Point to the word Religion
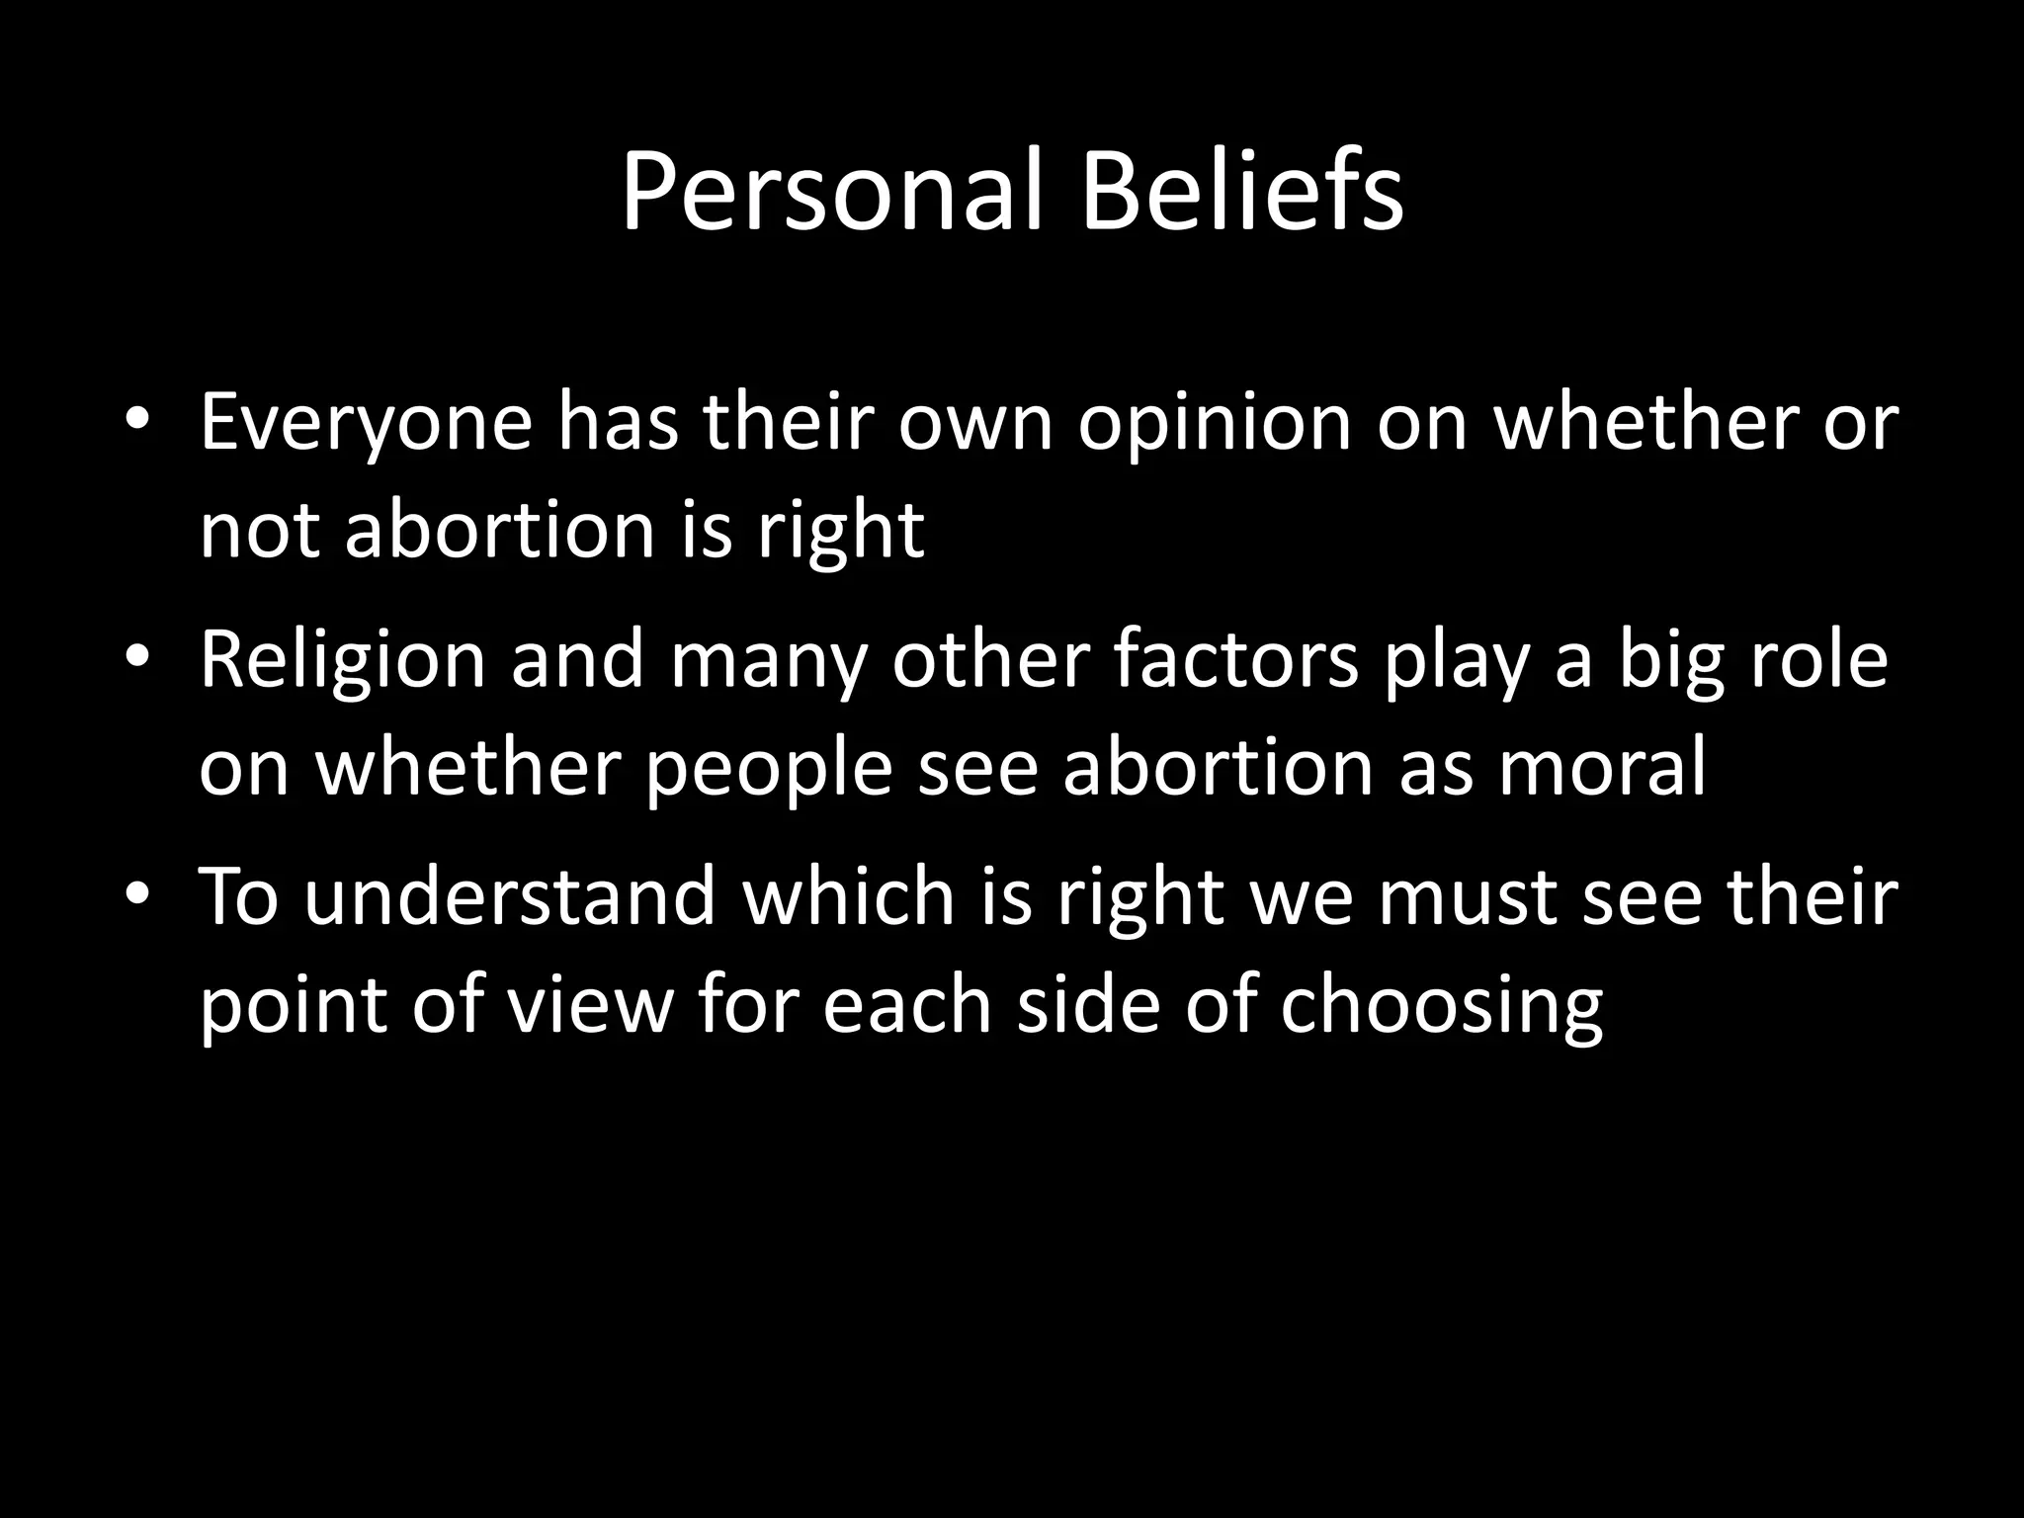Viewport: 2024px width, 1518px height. click(x=343, y=660)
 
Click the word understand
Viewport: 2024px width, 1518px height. click(x=509, y=897)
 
